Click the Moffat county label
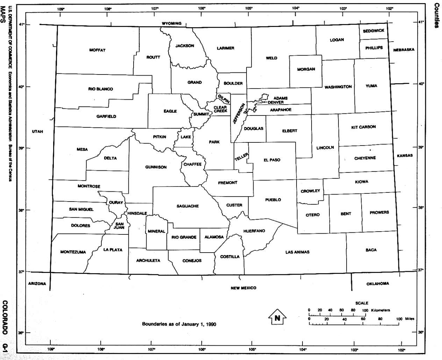(97, 50)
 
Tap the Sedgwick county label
(373, 31)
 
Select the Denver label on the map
(276, 103)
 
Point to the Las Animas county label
(297, 252)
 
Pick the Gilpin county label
(223, 98)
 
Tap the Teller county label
(241, 157)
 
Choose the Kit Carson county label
(363, 127)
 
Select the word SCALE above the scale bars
(362, 303)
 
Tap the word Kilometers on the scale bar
(380, 310)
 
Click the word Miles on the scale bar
(409, 319)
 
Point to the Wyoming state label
(171, 23)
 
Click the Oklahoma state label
(377, 284)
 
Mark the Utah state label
(37, 132)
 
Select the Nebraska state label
(404, 50)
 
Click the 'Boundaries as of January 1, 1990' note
(179, 324)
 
